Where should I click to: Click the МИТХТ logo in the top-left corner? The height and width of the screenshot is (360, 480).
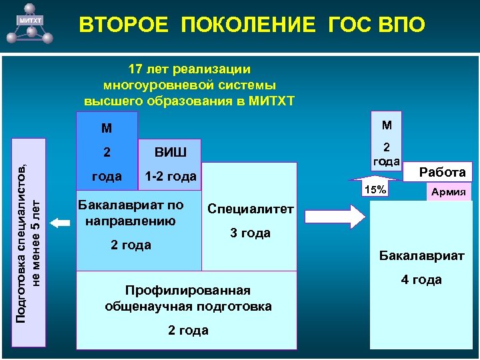30,21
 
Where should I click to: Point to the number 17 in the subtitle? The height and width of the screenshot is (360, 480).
135,69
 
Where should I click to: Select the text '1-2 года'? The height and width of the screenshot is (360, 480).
171,177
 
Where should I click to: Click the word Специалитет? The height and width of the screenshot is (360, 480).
250,209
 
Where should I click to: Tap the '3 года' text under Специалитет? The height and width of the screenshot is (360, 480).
250,233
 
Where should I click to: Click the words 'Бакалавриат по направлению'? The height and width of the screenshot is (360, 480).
130,212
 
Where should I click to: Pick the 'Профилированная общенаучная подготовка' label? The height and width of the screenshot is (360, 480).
188,298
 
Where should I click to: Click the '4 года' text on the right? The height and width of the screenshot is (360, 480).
421,280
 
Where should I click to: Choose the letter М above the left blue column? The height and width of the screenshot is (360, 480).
107,127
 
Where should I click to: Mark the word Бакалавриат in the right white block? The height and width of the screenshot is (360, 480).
421,255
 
